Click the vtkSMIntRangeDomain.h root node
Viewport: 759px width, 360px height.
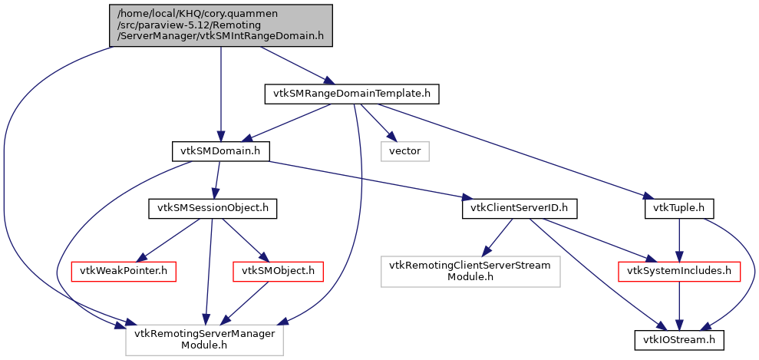point(221,25)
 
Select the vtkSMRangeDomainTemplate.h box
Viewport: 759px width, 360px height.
point(352,94)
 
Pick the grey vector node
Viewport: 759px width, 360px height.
point(404,151)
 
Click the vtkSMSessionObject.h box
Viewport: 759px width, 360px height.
point(211,208)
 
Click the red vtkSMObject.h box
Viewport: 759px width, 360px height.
point(266,270)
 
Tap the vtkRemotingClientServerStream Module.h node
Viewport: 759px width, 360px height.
point(470,270)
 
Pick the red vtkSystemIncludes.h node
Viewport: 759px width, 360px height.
point(679,270)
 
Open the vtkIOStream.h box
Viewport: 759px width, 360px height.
point(679,338)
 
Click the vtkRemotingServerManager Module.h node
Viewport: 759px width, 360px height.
point(205,338)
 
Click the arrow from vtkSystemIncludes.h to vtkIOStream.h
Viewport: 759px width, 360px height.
point(679,304)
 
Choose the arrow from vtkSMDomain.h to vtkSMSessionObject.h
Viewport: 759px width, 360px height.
point(216,180)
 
